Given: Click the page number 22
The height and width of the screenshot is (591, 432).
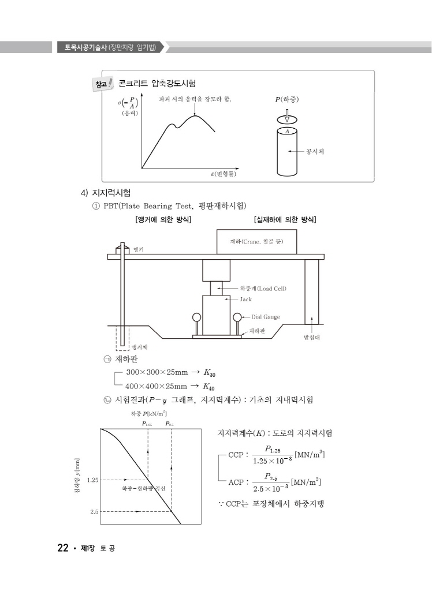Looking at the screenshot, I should pos(62,548).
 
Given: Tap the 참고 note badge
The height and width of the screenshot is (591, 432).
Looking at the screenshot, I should pos(103,85).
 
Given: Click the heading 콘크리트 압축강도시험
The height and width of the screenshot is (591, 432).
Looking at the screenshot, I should pos(157,84).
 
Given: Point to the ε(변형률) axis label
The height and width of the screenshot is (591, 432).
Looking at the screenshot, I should pos(224,173).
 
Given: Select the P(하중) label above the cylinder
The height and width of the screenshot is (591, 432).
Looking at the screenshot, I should pos(287,99).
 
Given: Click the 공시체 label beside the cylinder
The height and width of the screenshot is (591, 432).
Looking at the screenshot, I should pos(315,152).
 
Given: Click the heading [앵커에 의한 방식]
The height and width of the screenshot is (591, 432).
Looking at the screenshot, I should pos(162,219).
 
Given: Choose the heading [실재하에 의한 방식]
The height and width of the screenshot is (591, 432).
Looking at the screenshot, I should pos(285,219).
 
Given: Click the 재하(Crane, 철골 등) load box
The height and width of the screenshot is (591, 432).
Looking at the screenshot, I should pos(256,241).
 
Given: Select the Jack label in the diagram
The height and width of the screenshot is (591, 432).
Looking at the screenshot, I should pos(246,300).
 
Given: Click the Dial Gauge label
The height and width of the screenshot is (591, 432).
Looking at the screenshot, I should pos(266,317).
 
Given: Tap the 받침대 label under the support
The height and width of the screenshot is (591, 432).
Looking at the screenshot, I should pos(312,337).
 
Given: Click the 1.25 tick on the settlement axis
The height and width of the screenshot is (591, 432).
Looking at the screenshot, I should pos(93,480).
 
